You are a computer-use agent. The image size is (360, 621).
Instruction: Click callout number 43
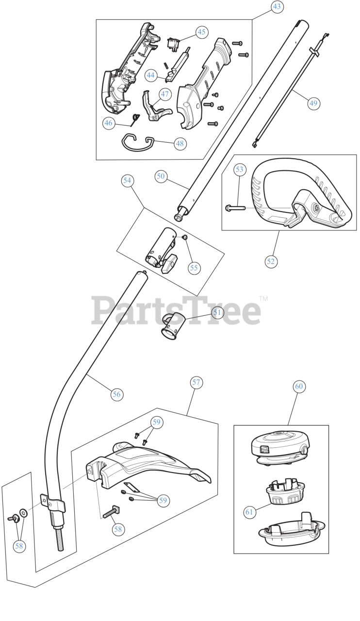(x=277, y=7)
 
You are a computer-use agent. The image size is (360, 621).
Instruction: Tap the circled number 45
(x=201, y=32)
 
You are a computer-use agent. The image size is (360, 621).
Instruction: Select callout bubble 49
(x=313, y=103)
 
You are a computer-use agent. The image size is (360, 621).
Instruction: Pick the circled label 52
(x=271, y=261)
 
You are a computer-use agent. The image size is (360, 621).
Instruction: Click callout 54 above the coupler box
(x=127, y=180)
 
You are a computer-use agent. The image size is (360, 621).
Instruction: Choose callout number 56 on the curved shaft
(x=116, y=394)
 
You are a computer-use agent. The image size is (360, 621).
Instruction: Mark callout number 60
(x=299, y=386)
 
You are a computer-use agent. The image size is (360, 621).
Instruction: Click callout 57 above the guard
(x=196, y=382)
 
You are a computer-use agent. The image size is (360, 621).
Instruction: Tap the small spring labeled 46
(x=136, y=117)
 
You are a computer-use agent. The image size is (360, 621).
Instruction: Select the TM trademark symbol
(x=263, y=298)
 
